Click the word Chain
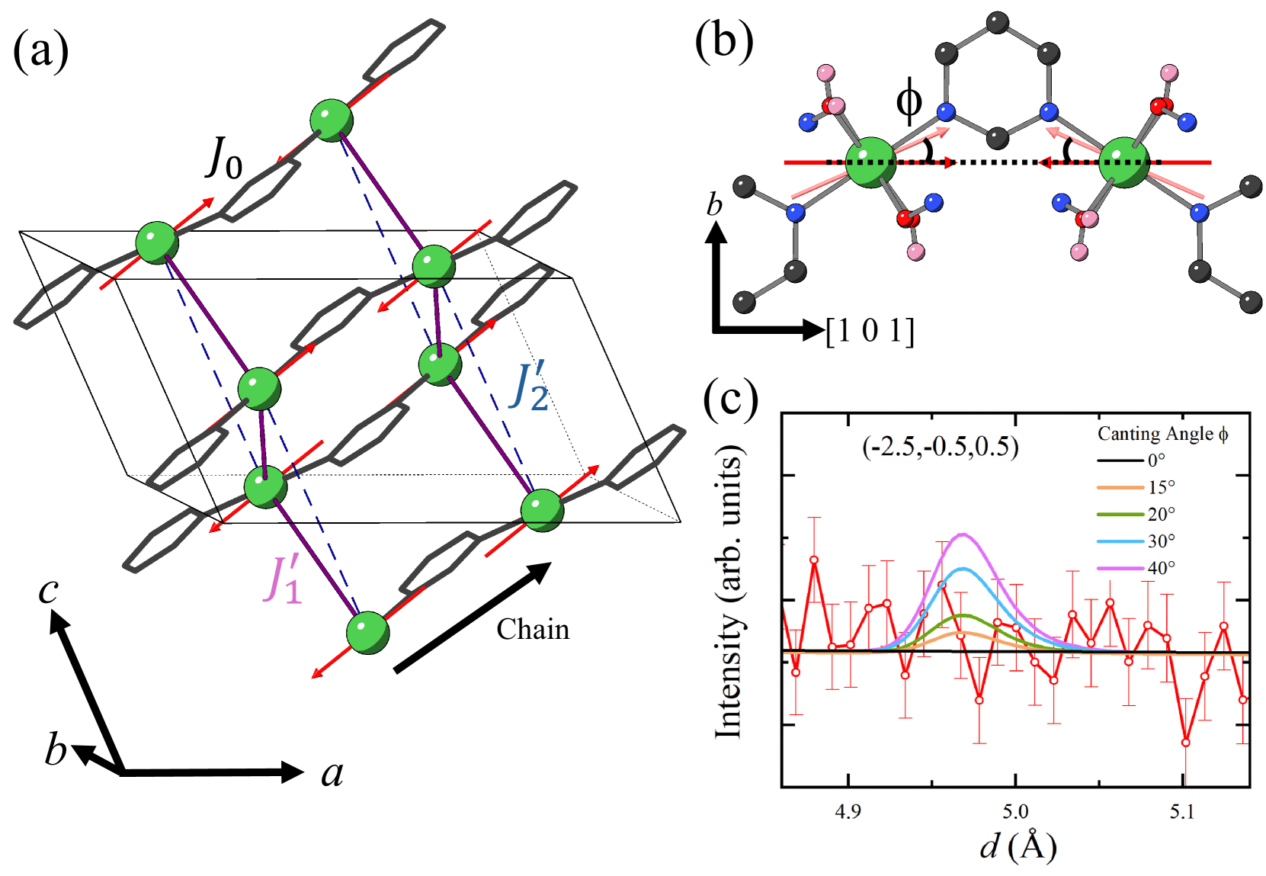pyautogui.click(x=533, y=630)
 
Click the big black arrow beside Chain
pyautogui.click(x=473, y=617)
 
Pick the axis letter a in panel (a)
pyautogui.click(x=332, y=773)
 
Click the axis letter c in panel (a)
pyautogui.click(x=49, y=590)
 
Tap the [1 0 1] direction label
pyautogui.click(x=870, y=331)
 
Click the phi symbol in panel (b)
pyautogui.click(x=909, y=100)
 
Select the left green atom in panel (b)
pyautogui.click(x=872, y=162)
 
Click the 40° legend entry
pyautogui.click(x=1161, y=568)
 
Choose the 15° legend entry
pyautogui.click(x=1161, y=487)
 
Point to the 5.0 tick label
pyautogui.click(x=1015, y=811)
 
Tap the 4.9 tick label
pyautogui.click(x=848, y=811)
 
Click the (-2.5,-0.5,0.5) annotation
pyautogui.click(x=940, y=446)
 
